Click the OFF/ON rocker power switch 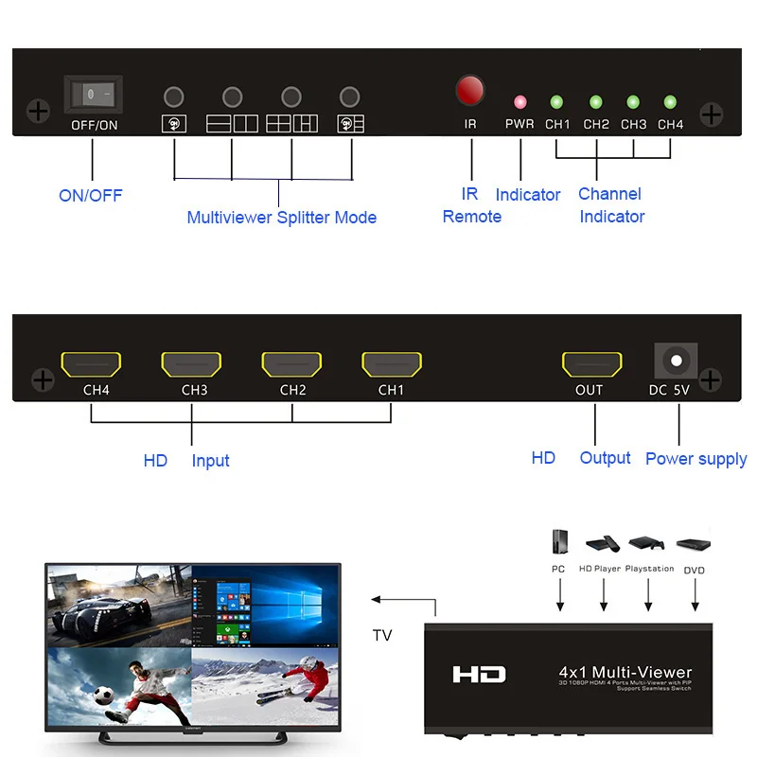(x=94, y=95)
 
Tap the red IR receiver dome (x=470, y=91)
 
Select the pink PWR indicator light (x=519, y=101)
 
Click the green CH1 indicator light (x=556, y=101)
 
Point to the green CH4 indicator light (x=670, y=101)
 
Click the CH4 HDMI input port (x=91, y=364)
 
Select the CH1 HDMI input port (x=392, y=364)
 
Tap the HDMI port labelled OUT (x=592, y=364)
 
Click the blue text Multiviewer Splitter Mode (x=281, y=218)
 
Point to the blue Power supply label (x=695, y=459)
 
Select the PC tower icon (x=559, y=542)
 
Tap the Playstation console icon (x=648, y=544)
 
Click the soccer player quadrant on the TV (x=119, y=686)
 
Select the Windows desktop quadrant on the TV (x=264, y=607)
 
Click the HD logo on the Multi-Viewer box (x=479, y=675)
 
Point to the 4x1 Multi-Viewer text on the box (x=625, y=672)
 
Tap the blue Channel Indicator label (x=610, y=205)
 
